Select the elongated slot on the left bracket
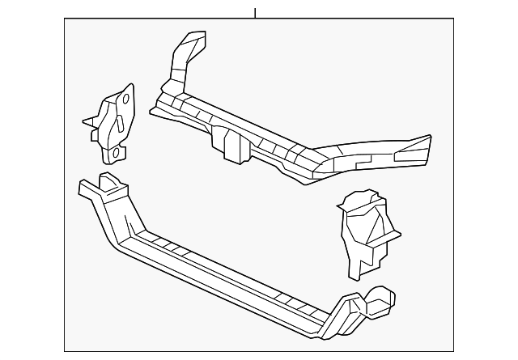117,125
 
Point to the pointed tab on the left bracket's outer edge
86,123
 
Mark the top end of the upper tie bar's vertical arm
193,37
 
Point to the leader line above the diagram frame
255,12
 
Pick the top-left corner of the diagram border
66,20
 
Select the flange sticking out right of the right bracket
393,235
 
